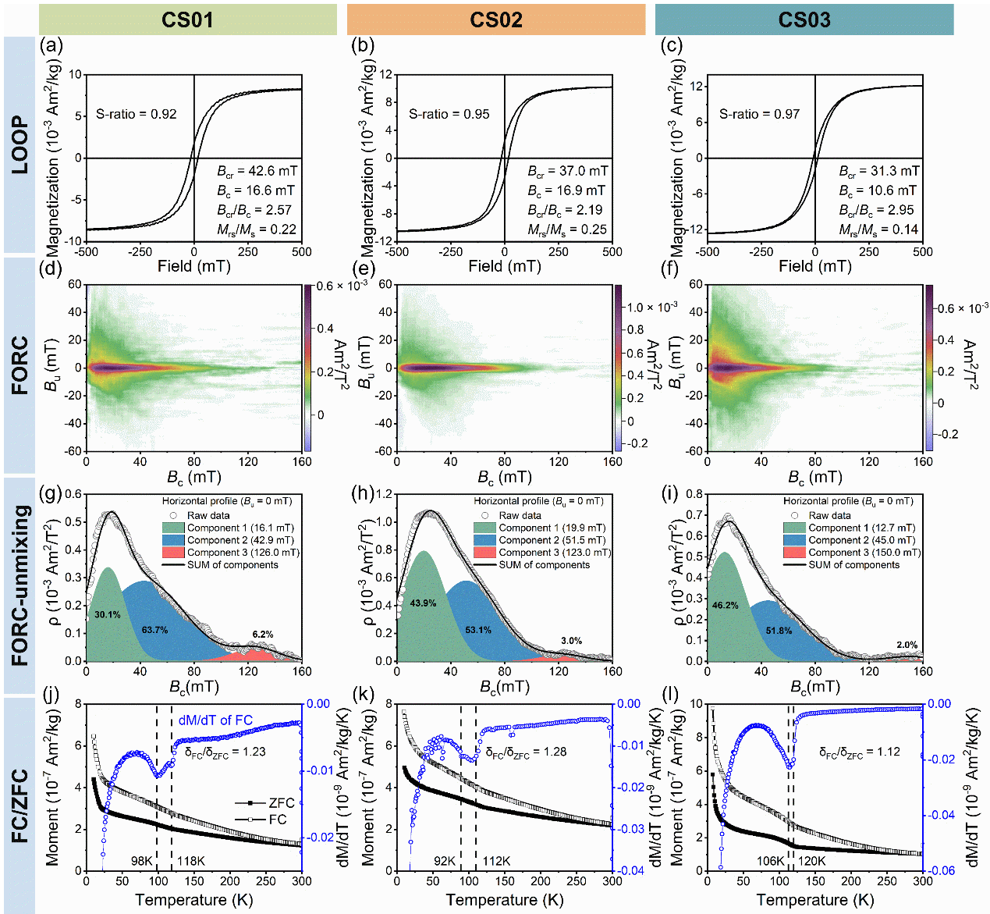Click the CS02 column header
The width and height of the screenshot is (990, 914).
tap(495, 20)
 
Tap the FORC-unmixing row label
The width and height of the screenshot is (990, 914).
tap(20, 585)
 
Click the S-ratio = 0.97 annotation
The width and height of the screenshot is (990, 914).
tap(759, 114)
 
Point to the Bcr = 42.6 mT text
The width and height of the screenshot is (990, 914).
tap(257, 171)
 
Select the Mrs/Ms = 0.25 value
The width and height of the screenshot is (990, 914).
tap(567, 229)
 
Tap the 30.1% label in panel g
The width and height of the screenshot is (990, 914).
tap(108, 615)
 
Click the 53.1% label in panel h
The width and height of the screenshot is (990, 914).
tap(478, 630)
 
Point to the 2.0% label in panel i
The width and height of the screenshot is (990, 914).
tap(907, 645)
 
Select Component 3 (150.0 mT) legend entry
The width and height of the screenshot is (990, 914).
tap(864, 553)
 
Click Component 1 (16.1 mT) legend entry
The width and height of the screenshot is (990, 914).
tap(240, 528)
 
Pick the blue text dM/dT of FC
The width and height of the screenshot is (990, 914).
tap(215, 720)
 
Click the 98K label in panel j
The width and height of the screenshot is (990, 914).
tap(141, 861)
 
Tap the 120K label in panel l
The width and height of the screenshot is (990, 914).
tap(811, 861)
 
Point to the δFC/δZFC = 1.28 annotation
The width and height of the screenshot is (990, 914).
tap(526, 752)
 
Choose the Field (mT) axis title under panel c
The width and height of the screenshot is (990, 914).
tap(814, 267)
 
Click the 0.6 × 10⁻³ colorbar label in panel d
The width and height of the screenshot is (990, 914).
tap(342, 286)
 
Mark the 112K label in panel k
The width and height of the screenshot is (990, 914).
tap(497, 861)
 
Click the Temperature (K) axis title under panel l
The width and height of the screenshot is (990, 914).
tap(814, 900)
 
